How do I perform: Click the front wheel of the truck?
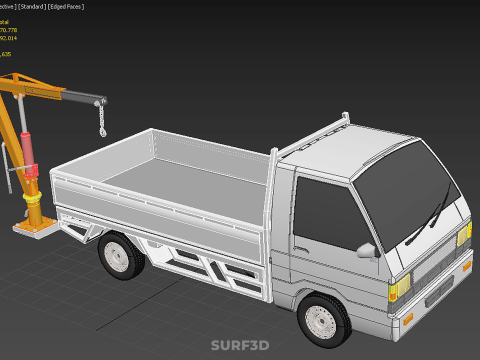click(324, 317)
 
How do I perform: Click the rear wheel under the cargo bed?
click(121, 255)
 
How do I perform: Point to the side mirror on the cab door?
click(367, 249)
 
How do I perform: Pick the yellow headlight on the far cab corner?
click(464, 235)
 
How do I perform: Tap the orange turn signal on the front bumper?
click(408, 320)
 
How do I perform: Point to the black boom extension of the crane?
click(80, 99)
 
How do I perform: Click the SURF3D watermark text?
click(239, 346)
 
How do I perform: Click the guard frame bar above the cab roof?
click(315, 130)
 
